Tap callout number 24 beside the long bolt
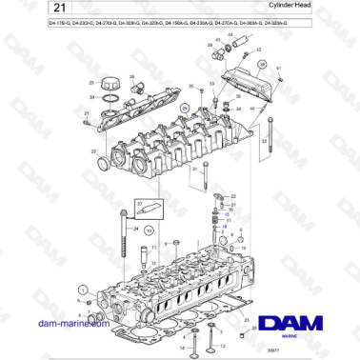click(136, 229)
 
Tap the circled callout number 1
click(82, 288)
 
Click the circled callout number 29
click(187, 110)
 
